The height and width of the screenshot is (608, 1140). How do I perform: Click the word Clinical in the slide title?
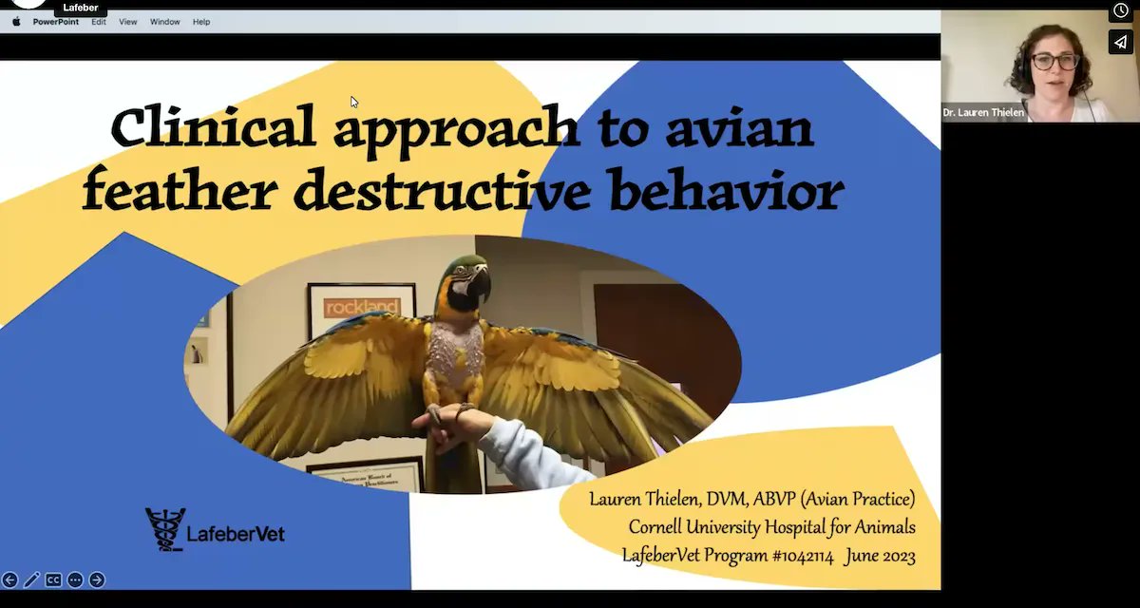click(x=214, y=127)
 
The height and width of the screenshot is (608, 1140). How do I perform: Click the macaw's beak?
click(x=478, y=284)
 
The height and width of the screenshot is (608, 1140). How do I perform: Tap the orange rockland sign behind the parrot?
click(x=361, y=308)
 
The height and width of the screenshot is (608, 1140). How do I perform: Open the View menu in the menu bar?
click(x=128, y=22)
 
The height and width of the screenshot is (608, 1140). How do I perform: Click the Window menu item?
click(x=164, y=22)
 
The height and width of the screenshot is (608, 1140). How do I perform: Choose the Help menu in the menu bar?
click(x=201, y=22)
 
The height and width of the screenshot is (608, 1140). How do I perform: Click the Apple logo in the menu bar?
click(x=16, y=22)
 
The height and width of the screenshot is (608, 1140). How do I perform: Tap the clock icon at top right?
click(x=1120, y=10)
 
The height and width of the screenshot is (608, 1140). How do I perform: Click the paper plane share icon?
click(x=1120, y=43)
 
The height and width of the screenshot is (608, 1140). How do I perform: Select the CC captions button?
click(x=53, y=579)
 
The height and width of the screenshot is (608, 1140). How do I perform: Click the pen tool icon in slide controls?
click(x=31, y=579)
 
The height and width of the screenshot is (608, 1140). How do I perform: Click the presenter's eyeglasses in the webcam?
click(x=1054, y=62)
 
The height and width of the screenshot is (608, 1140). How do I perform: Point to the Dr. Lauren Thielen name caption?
click(x=982, y=113)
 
